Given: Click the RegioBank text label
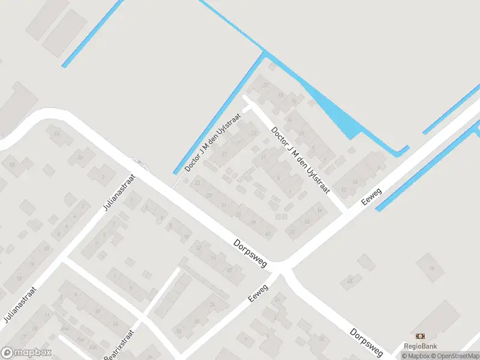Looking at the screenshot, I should click(x=420, y=346).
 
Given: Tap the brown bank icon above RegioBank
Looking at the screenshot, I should click(x=420, y=336).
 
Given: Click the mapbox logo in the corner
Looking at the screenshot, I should click(x=26, y=353).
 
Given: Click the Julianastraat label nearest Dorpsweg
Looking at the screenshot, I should click(x=120, y=192).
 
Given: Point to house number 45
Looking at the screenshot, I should click(x=350, y=281).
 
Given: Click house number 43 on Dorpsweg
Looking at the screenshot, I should click(x=268, y=234).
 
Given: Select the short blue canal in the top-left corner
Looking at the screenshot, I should click(x=93, y=33).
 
